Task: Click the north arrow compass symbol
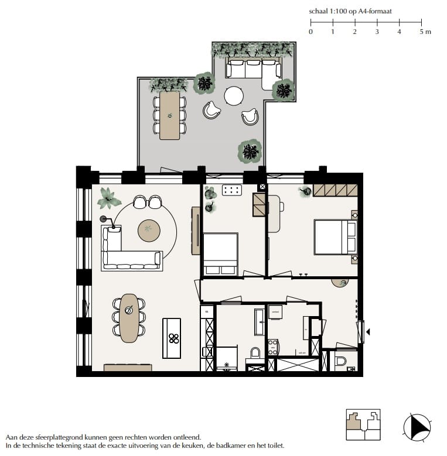pos(418,427)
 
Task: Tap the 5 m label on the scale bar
pos(425,32)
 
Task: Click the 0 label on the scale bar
pos(310,32)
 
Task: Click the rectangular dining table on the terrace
pos(170,115)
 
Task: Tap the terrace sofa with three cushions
pos(253,68)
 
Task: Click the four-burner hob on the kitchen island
pos(173,337)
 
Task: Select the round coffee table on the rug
pos(148,228)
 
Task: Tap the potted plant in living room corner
pos(109,198)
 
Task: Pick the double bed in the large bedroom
pos(335,237)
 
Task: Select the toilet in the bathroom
pos(255,353)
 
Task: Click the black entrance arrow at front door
pos(368,332)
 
